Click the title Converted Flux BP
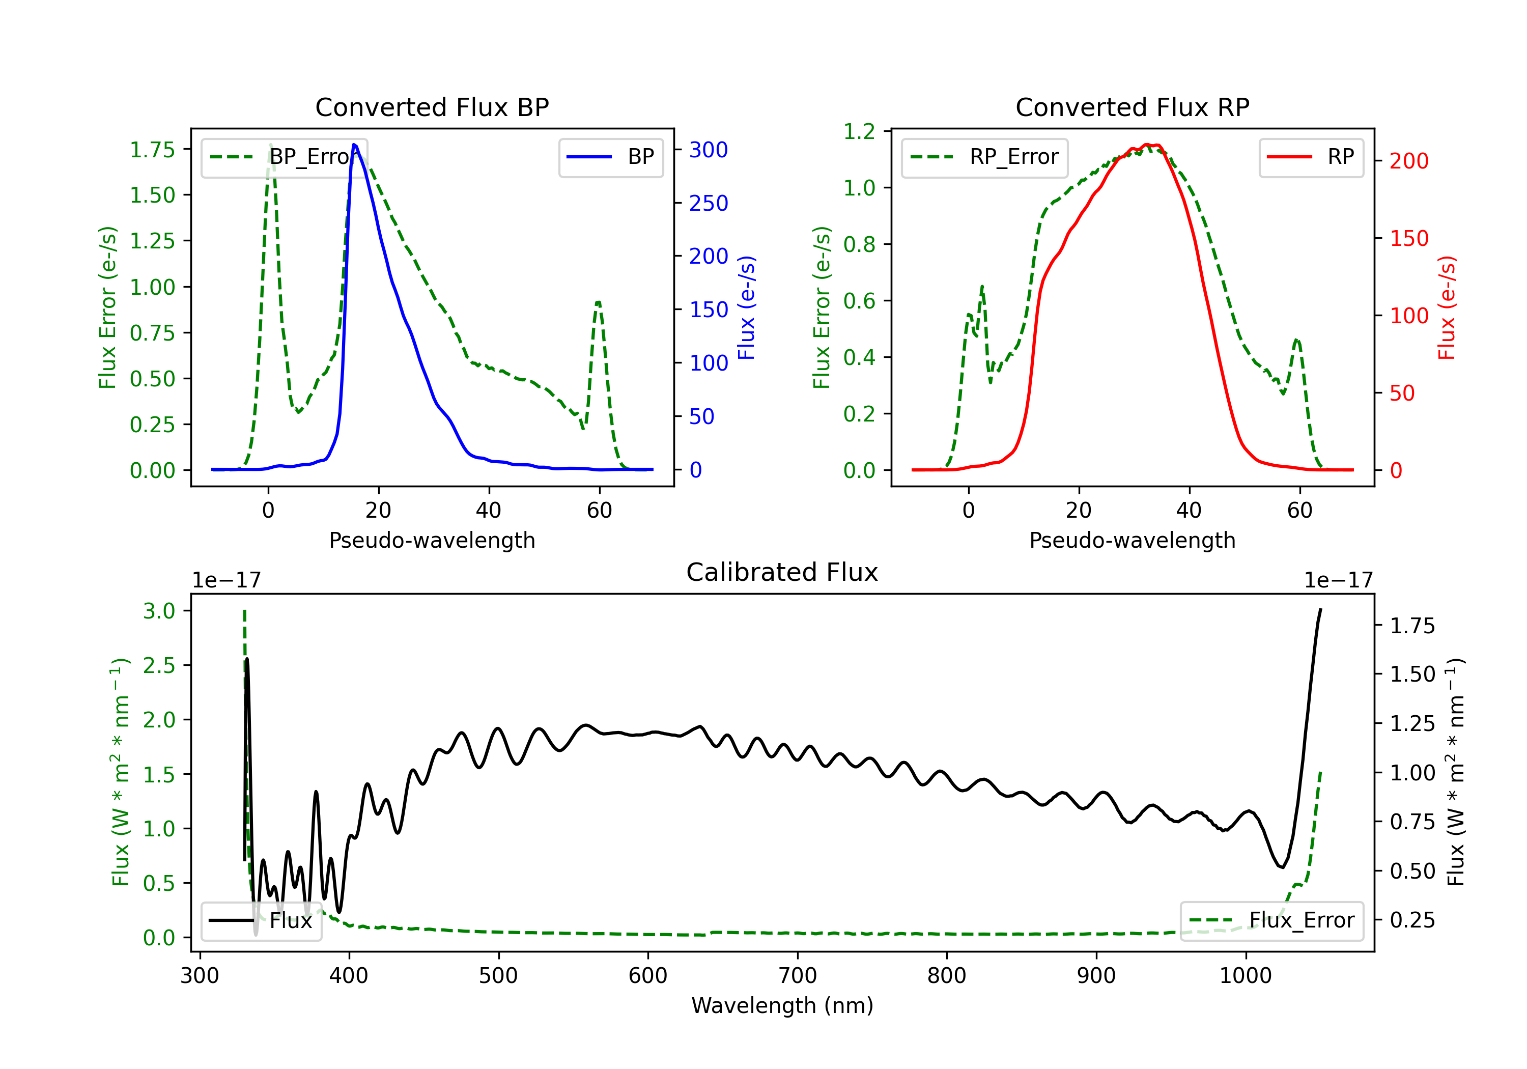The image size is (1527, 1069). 432,107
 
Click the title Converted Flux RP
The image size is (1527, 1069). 1132,107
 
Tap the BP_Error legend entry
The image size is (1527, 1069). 285,157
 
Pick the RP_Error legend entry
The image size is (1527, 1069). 984,157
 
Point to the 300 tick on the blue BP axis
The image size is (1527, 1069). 709,150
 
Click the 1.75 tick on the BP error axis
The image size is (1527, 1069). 152,150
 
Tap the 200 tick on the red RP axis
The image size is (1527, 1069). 1408,161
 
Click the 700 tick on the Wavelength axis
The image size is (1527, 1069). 798,976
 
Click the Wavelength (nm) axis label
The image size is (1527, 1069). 782,1005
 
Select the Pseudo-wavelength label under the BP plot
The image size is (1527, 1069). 432,540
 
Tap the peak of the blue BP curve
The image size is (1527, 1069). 354,145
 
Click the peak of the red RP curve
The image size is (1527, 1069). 1147,145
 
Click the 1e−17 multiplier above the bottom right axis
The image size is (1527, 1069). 1338,580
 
